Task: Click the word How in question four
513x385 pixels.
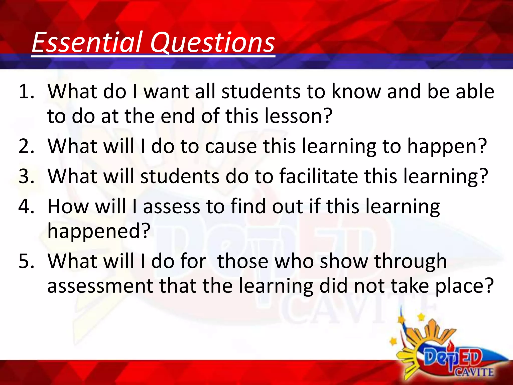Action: (x=68, y=206)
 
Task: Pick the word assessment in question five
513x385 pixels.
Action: (x=100, y=286)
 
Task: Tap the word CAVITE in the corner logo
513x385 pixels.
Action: (x=474, y=372)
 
